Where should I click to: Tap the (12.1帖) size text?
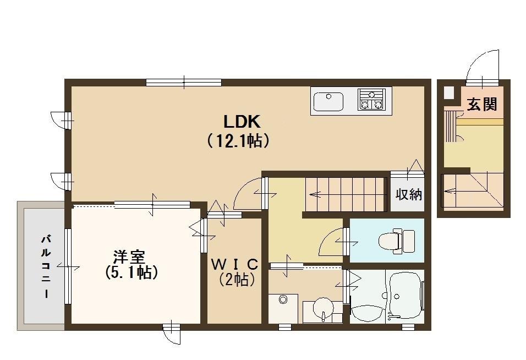(x=238, y=141)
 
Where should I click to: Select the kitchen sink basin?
(x=328, y=101)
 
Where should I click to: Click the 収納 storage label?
(x=408, y=194)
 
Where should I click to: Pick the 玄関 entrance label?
(x=482, y=105)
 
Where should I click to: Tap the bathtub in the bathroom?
(x=406, y=298)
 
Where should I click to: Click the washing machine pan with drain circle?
(x=283, y=306)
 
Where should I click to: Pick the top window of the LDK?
(x=184, y=83)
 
